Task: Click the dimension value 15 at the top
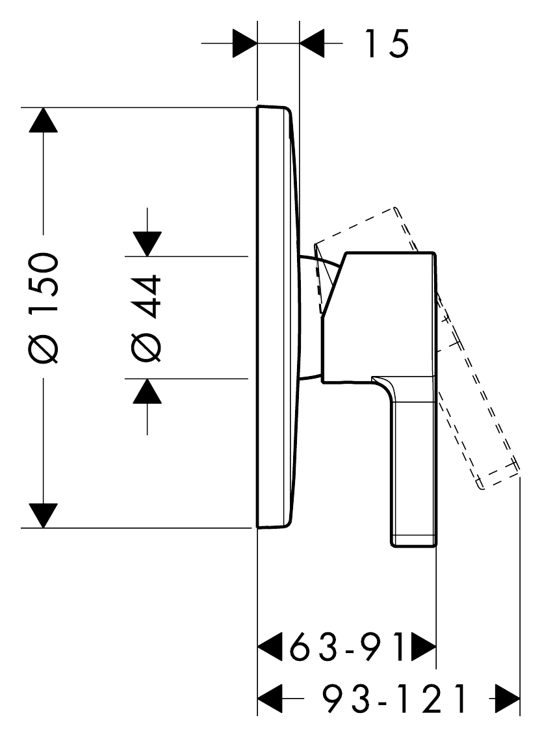click(386, 44)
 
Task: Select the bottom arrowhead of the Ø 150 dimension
click(43, 515)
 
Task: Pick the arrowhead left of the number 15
click(312, 44)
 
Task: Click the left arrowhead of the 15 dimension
click(246, 44)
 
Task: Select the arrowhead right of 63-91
click(424, 647)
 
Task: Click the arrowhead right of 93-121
click(508, 700)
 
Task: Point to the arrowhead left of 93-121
click(270, 700)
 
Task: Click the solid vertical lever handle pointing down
click(413, 468)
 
